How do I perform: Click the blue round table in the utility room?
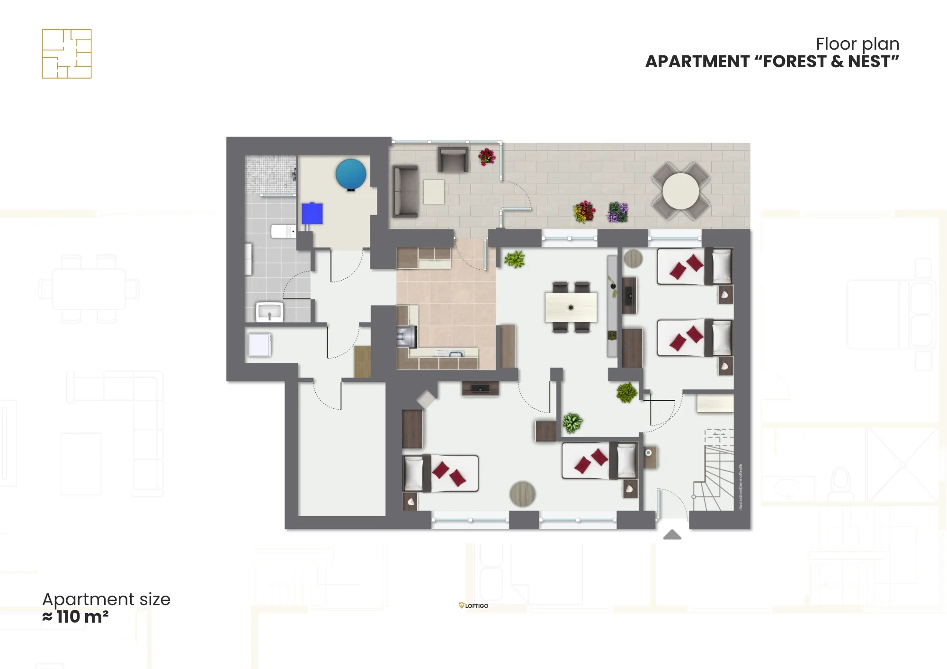point(351,174)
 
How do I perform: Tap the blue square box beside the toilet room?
point(313,214)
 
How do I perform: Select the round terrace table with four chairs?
point(680,191)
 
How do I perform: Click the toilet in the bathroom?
point(283,231)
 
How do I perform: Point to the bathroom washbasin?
point(269,312)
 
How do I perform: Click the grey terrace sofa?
point(405,191)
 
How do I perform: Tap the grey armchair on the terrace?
point(453,159)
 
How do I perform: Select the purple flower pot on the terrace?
point(617,212)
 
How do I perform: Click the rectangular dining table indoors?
point(571,308)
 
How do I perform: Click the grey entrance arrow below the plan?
point(672,535)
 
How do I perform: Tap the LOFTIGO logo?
point(473,606)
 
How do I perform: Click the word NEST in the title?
point(870,62)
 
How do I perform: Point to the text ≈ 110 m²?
point(76,617)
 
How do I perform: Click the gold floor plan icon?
point(67,53)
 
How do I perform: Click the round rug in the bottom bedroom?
point(522,494)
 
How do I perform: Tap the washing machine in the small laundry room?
point(259,344)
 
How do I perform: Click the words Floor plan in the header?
point(857,44)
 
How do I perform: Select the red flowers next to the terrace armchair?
point(486,157)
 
